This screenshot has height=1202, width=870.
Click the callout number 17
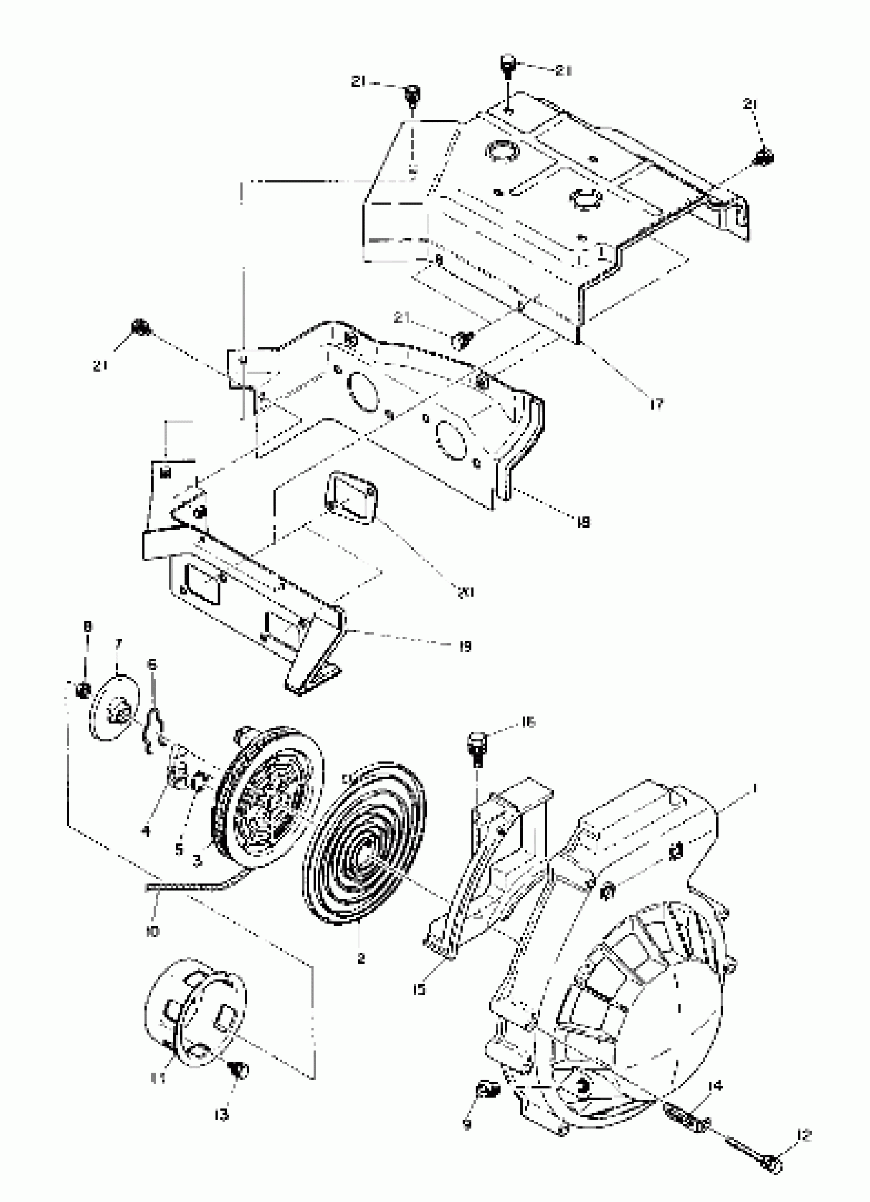[657, 405]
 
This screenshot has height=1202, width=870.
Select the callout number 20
[466, 592]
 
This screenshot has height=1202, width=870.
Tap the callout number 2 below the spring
[361, 958]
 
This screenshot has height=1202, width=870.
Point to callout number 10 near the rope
[152, 931]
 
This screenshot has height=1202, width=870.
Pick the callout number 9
[467, 1125]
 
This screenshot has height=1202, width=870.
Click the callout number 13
[222, 1115]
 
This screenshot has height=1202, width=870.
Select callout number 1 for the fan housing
[754, 789]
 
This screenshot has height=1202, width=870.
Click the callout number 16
[528, 722]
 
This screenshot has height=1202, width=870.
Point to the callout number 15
[419, 989]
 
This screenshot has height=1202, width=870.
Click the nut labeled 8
[82, 690]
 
